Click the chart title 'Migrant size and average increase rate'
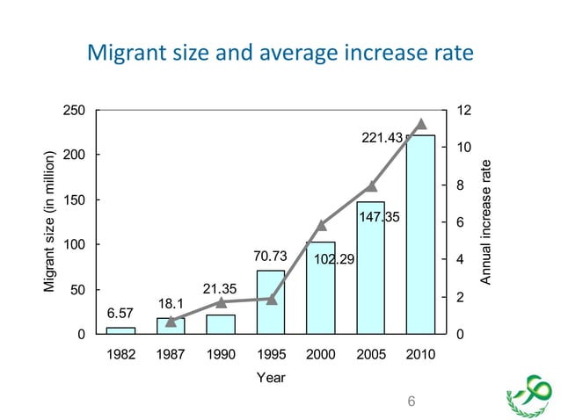click(280, 54)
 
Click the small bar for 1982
click(120, 330)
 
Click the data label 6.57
click(120, 313)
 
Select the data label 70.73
click(271, 257)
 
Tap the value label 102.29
click(334, 259)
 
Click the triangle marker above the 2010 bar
click(421, 124)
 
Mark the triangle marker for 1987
click(171, 322)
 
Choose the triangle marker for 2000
click(322, 225)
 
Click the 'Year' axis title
click(271, 377)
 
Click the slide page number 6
click(409, 402)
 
